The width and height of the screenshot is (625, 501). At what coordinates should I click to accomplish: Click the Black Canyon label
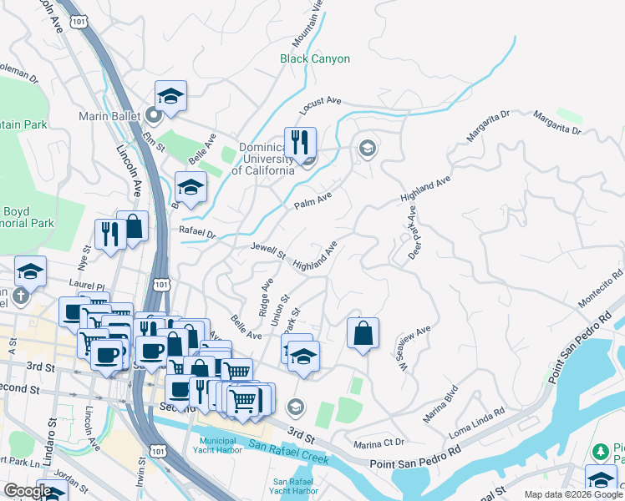(x=315, y=59)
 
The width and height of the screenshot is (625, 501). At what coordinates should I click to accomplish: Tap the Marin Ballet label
(x=112, y=116)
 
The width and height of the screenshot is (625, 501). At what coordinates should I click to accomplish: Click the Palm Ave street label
(x=312, y=200)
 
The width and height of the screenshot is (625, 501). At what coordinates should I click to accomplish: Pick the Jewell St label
(x=268, y=250)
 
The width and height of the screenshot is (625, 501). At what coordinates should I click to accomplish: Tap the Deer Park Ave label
(x=413, y=233)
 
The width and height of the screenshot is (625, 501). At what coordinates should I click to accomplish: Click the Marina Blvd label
(x=440, y=404)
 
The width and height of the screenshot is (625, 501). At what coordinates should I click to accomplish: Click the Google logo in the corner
(x=28, y=491)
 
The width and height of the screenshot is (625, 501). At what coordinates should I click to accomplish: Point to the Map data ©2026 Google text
(x=573, y=494)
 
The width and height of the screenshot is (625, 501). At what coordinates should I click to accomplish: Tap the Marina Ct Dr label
(x=379, y=443)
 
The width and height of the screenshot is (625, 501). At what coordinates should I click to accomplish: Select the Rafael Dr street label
(x=197, y=232)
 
